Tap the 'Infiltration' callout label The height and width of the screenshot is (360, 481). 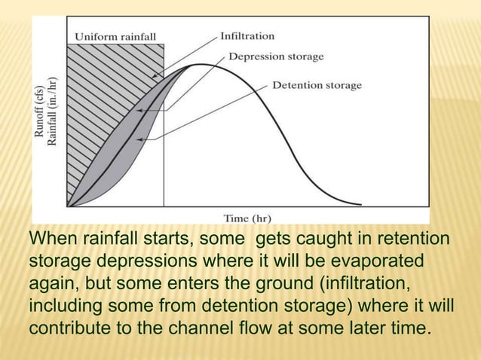247,35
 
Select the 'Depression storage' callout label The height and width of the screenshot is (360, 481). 276,56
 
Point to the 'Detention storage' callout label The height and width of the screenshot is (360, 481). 317,85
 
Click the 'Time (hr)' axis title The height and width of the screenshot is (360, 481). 248,218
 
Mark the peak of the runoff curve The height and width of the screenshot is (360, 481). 198,65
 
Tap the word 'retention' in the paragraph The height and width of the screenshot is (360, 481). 412,239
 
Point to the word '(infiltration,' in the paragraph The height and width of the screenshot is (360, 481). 378,286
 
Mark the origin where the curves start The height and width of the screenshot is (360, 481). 68,206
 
